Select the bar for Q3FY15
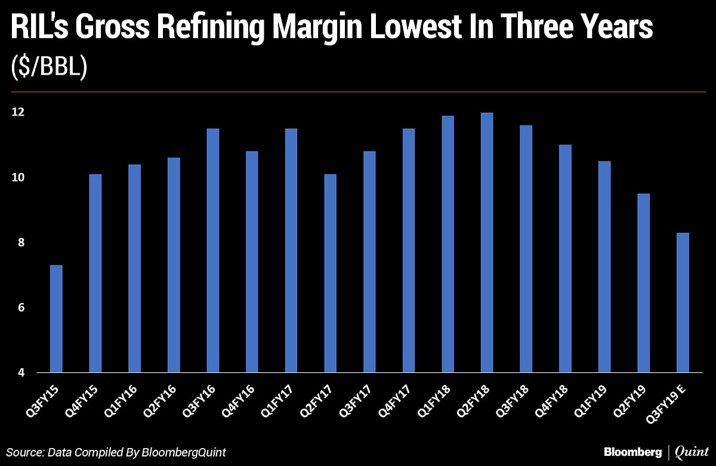tap(56, 319)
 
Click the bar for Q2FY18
tap(487, 243)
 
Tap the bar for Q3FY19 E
tap(683, 303)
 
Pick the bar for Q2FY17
tap(330, 274)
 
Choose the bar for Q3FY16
tap(212, 251)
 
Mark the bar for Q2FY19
tap(643, 283)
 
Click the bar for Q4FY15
tap(95, 274)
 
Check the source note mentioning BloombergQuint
tap(117, 452)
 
